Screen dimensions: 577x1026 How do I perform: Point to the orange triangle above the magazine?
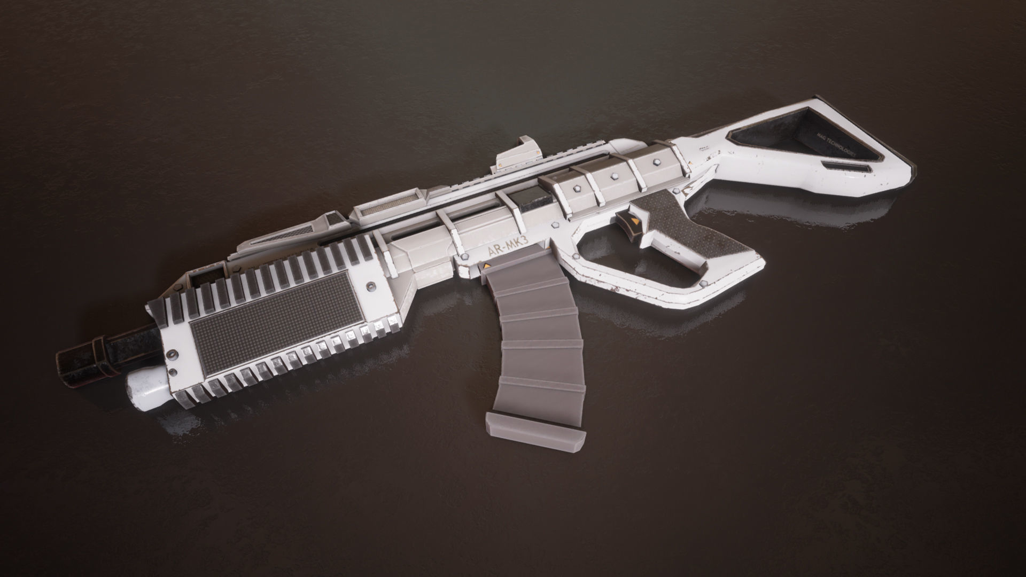click(x=487, y=266)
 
